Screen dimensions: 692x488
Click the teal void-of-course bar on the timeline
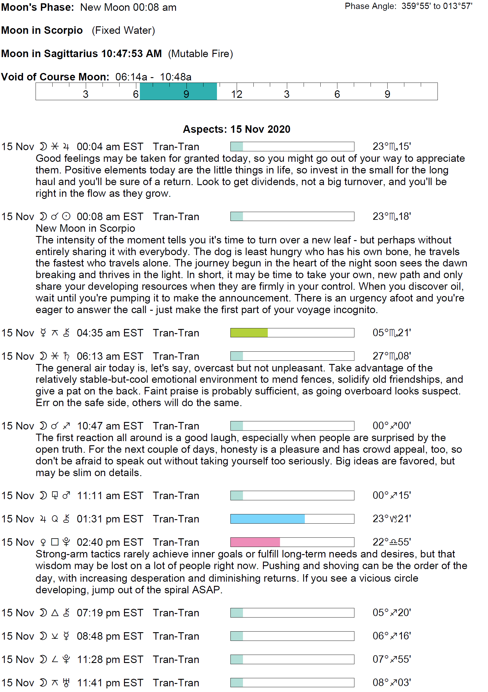pyautogui.click(x=178, y=91)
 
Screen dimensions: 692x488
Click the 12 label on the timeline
pyautogui.click(x=237, y=94)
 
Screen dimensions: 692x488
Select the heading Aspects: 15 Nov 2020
pyautogui.click(x=236, y=129)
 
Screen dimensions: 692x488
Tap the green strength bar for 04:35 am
pyautogui.click(x=249, y=333)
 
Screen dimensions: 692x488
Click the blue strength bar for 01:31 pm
pyautogui.click(x=267, y=519)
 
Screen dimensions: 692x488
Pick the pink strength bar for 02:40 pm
pyautogui.click(x=255, y=542)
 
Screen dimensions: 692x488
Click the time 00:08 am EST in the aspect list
pyautogui.click(x=110, y=217)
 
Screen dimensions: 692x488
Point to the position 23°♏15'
pyautogui.click(x=391, y=147)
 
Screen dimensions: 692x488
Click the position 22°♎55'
pyautogui.click(x=391, y=542)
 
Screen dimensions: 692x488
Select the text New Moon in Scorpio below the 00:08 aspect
pyautogui.click(x=85, y=228)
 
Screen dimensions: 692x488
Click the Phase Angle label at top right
pyautogui.click(x=370, y=6)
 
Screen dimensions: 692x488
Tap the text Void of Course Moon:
pyautogui.click(x=55, y=77)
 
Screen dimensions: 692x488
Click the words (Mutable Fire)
pyautogui.click(x=200, y=54)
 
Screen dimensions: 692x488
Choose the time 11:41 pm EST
pyautogui.click(x=110, y=683)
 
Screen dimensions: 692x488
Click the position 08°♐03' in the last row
pyautogui.click(x=391, y=682)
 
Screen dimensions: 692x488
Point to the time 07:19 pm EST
pyautogui.click(x=110, y=613)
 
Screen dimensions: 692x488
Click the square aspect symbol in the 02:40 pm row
pyautogui.click(x=55, y=542)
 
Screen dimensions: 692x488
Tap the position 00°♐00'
pyautogui.click(x=391, y=426)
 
